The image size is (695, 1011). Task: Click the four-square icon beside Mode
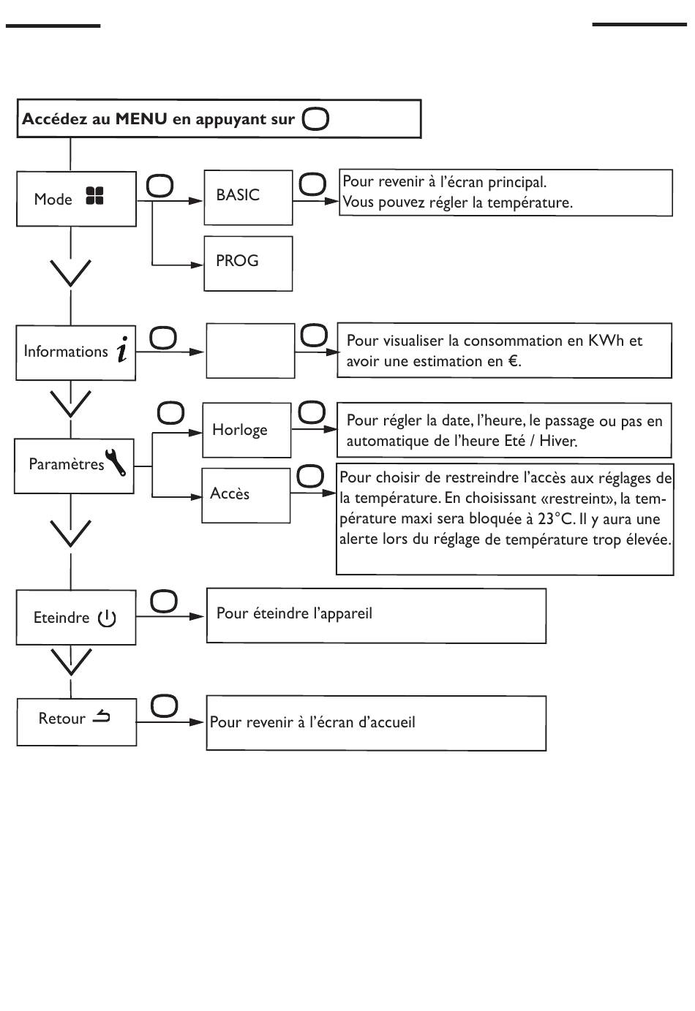(95, 196)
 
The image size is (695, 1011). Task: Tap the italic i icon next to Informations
(122, 349)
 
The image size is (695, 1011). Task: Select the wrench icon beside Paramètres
(116, 462)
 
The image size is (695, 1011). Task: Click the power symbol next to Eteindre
(107, 618)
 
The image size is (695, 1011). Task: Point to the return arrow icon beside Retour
(101, 716)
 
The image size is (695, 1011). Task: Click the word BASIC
(238, 195)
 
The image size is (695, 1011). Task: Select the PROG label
(237, 260)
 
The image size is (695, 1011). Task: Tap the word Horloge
(239, 430)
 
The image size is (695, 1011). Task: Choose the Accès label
(230, 493)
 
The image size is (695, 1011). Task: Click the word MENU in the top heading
(141, 118)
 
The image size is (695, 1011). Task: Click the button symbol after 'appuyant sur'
(315, 119)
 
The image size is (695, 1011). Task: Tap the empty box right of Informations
(250, 351)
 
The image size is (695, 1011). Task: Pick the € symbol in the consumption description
(513, 361)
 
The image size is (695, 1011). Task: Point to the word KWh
(606, 341)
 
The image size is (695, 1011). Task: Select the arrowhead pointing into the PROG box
(197, 265)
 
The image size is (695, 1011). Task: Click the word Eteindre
(61, 618)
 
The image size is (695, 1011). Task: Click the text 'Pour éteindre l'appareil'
(294, 613)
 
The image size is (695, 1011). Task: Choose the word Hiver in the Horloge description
(558, 441)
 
